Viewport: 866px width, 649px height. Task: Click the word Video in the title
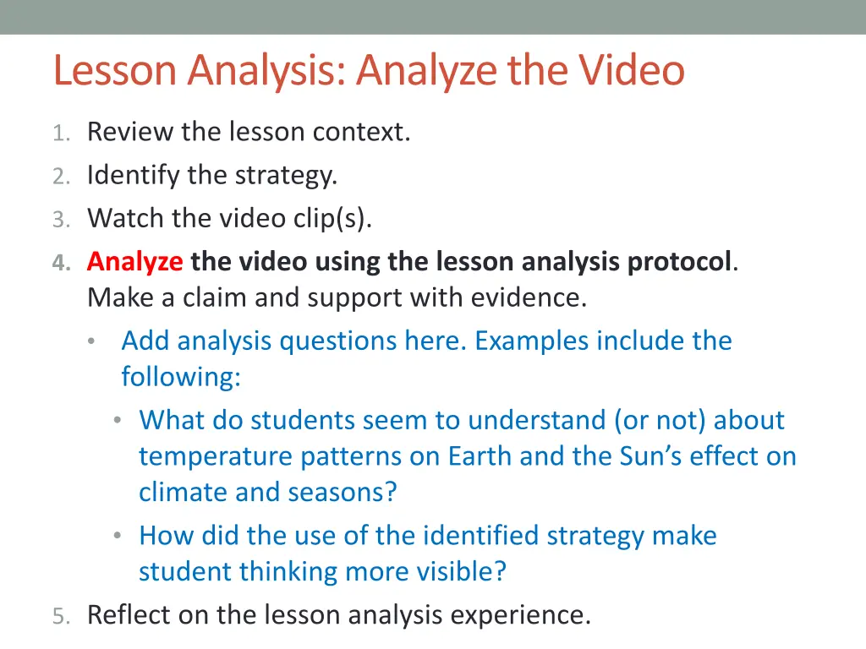coord(632,70)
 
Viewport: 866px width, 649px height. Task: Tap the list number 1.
coord(59,133)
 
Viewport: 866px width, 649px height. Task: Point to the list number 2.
coord(59,176)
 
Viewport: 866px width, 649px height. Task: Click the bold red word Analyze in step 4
coord(134,262)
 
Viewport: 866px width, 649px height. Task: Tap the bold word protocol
coord(679,262)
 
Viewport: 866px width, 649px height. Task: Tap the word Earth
coord(480,456)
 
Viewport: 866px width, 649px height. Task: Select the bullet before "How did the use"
coord(119,536)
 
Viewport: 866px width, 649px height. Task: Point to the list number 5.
coord(59,615)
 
